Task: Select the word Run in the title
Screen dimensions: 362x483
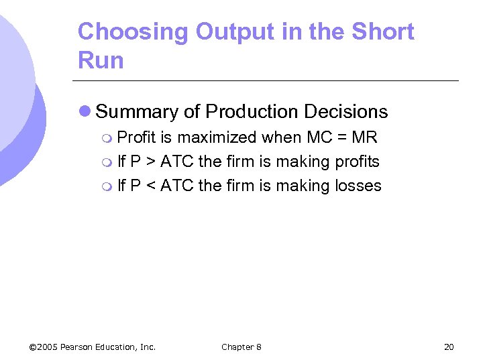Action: click(x=101, y=60)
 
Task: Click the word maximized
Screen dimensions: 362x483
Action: click(x=217, y=138)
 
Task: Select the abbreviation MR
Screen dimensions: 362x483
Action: click(x=364, y=138)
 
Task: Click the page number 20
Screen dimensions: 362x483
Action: click(x=449, y=347)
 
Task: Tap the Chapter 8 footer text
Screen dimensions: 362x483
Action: click(x=241, y=347)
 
